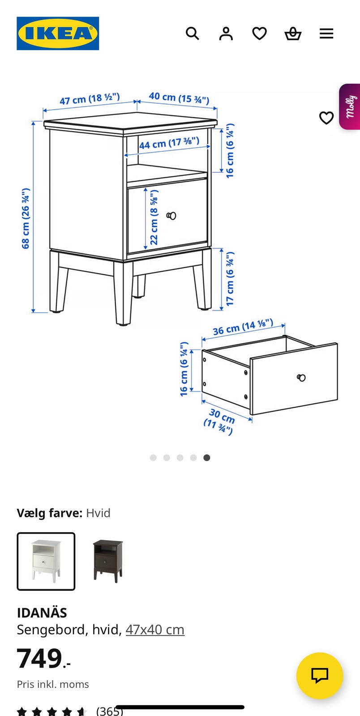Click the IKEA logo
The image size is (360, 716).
58,33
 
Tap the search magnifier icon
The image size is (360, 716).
193,33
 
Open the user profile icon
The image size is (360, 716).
226,33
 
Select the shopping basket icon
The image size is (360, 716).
293,33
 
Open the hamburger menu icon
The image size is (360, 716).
326,33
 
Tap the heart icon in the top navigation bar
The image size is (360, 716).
260,33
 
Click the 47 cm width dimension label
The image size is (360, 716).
90,99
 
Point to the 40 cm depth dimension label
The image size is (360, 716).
179,98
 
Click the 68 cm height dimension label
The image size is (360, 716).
26,218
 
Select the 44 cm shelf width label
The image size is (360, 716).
169,143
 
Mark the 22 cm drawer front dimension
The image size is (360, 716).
154,217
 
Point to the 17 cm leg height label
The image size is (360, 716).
230,279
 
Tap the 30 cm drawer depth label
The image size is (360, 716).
220,421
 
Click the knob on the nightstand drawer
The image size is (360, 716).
171,216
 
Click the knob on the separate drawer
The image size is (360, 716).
301,378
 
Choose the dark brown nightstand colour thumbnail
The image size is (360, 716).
108,561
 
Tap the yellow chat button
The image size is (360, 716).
320,676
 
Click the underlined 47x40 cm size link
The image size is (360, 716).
155,630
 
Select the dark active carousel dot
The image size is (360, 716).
207,458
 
